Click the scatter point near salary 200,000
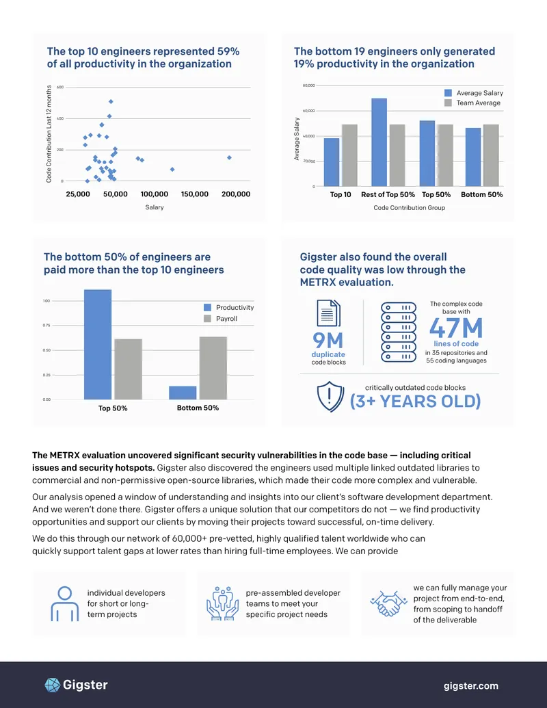point(229,157)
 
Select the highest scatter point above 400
point(111,102)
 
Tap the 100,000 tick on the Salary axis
point(155,194)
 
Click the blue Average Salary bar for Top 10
point(332,162)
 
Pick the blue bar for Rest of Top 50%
point(379,142)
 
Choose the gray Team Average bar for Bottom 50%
point(491,155)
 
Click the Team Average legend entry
point(472,103)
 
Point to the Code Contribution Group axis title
point(410,208)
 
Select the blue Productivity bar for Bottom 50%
point(183,393)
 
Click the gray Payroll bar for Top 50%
point(128,369)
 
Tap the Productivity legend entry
point(229,308)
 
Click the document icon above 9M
point(329,313)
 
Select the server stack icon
point(399,332)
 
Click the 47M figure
point(456,328)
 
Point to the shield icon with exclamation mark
point(330,397)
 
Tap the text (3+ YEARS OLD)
point(415,402)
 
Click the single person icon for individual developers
point(64,604)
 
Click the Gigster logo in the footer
point(77,685)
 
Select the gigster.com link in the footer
point(470,686)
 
